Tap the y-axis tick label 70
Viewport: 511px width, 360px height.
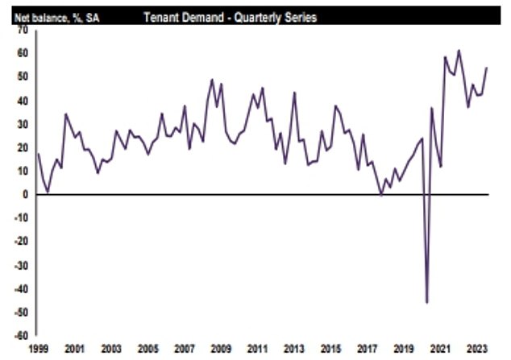[x=22, y=30]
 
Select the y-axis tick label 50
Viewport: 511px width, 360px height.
[x=22, y=77]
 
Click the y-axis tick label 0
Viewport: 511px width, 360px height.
[x=25, y=194]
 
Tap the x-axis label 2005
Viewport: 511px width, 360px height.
[x=147, y=350]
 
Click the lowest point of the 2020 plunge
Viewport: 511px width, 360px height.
[x=426, y=302]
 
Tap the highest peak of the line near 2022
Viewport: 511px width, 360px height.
[x=459, y=50]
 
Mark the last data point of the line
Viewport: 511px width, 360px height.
[x=487, y=68]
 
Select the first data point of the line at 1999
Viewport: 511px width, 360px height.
[x=38, y=153]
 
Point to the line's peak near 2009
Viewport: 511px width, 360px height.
[x=212, y=79]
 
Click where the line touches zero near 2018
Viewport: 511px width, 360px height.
[x=381, y=194]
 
